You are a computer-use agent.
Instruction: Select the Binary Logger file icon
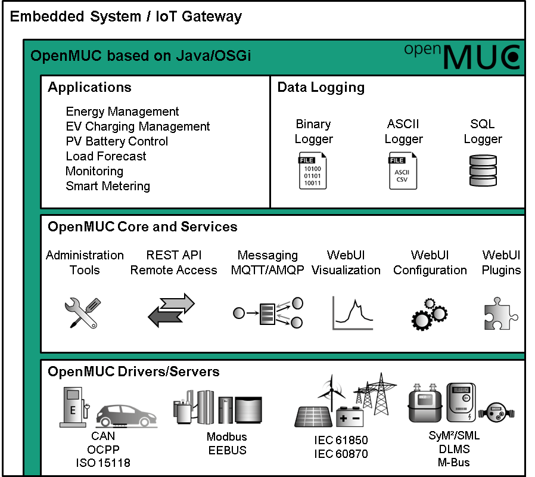click(x=313, y=171)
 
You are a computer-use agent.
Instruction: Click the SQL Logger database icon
click(x=483, y=171)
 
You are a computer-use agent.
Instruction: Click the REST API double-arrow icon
click(x=172, y=311)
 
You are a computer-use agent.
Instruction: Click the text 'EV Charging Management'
click(x=138, y=126)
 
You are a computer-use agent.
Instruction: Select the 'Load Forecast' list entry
click(x=106, y=156)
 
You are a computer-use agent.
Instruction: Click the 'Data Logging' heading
click(x=321, y=88)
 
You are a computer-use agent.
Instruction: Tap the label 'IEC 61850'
click(x=341, y=441)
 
